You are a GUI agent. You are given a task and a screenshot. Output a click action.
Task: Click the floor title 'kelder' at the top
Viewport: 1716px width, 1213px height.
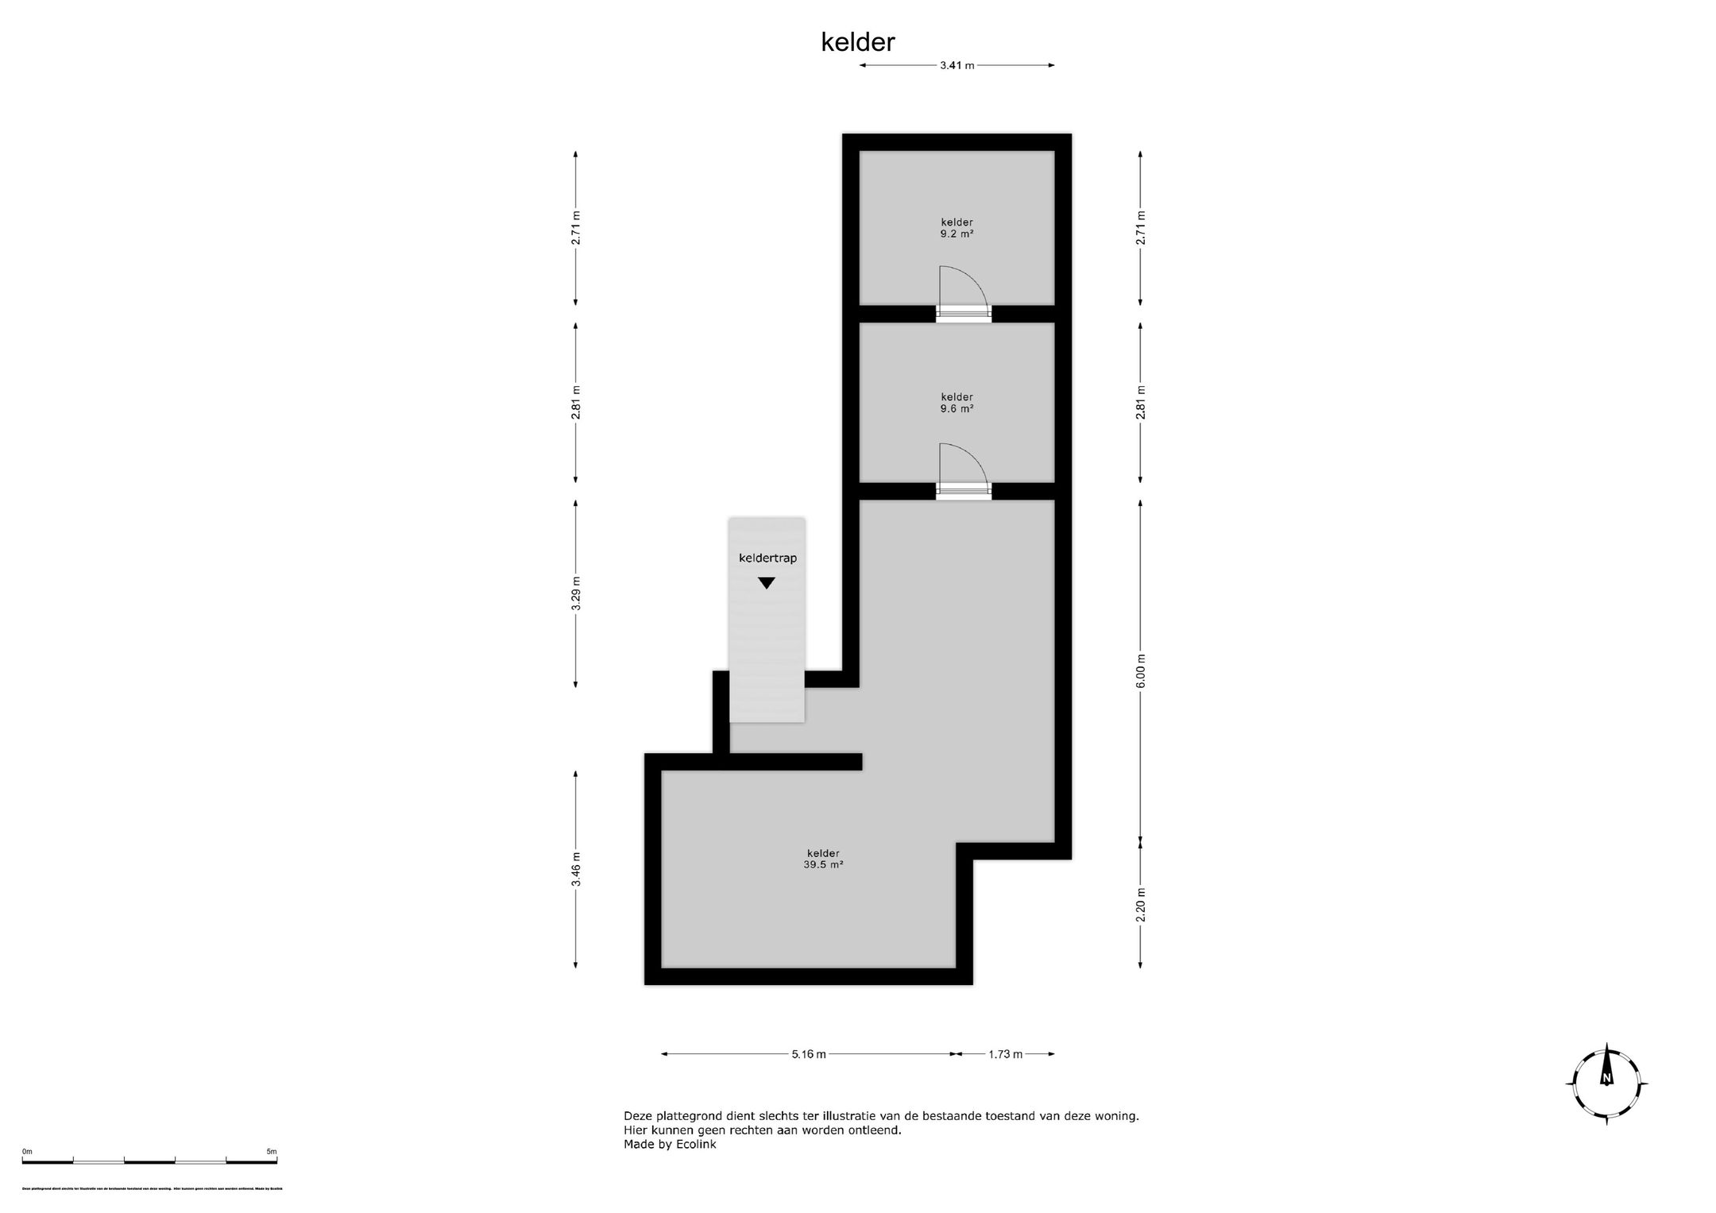(x=857, y=42)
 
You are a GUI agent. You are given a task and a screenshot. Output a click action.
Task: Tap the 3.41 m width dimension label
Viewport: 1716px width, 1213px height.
(x=957, y=66)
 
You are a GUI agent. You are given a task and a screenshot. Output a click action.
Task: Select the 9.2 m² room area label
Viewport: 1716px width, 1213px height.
(x=957, y=234)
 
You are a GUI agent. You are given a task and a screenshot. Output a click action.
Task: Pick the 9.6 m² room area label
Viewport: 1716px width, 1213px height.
(x=957, y=409)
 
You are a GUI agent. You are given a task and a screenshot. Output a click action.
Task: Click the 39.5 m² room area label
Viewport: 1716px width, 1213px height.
(x=823, y=865)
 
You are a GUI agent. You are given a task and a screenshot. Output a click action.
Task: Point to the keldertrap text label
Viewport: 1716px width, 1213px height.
(x=767, y=558)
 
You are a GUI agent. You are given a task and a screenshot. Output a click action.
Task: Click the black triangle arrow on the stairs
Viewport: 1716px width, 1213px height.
(x=766, y=583)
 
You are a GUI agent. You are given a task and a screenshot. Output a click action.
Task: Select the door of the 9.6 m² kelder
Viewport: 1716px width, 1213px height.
(x=963, y=472)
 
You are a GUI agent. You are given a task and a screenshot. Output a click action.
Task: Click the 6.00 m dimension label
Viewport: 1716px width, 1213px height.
(x=1141, y=671)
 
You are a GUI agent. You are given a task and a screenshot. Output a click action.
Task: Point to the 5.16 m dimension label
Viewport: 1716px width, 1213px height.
(x=808, y=1054)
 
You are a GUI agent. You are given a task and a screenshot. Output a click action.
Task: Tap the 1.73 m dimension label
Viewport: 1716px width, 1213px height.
(x=1005, y=1054)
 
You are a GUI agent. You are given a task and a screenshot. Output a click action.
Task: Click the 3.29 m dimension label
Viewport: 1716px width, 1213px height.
(x=576, y=593)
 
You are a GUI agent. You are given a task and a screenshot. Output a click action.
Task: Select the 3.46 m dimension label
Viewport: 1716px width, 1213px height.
(x=576, y=869)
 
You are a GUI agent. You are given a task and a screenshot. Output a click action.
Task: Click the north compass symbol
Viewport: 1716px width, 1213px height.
(x=1606, y=1084)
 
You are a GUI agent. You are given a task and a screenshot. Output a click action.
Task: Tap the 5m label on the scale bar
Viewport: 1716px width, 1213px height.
(x=271, y=1151)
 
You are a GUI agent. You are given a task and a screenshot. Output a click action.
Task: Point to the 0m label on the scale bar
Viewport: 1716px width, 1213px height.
(x=27, y=1151)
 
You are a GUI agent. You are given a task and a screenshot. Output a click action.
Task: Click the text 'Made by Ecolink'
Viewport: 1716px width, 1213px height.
(x=670, y=1145)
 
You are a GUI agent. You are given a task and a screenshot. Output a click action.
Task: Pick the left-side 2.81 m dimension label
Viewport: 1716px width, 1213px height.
(x=576, y=402)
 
